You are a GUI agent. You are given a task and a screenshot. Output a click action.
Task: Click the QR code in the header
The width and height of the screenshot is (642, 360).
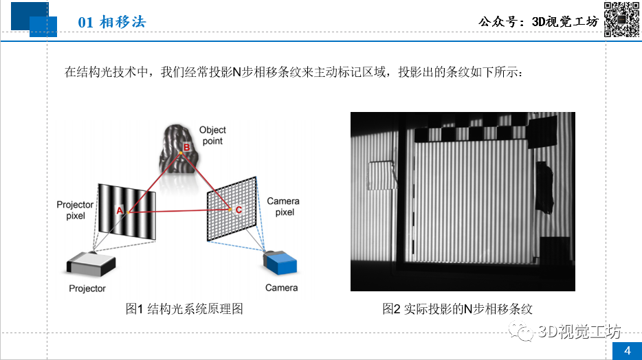(621, 19)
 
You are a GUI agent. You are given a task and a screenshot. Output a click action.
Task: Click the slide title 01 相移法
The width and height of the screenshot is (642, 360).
(112, 22)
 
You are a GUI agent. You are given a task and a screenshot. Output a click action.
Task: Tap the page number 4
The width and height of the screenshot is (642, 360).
(628, 350)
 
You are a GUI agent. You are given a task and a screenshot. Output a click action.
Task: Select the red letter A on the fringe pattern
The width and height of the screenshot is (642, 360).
(120, 210)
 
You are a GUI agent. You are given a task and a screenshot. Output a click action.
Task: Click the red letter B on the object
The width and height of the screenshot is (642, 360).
(187, 147)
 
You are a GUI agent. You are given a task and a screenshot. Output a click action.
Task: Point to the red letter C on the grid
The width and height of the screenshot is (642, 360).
(239, 210)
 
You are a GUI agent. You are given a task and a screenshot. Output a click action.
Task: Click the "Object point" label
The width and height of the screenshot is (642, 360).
(212, 135)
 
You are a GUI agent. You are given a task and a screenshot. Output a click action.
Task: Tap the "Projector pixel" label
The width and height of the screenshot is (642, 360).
(75, 210)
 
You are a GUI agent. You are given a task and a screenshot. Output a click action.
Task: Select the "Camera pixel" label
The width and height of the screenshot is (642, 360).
(283, 207)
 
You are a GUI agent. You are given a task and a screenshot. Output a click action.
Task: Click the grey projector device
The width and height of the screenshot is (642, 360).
(91, 264)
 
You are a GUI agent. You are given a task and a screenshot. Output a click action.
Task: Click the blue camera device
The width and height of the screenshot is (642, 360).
(280, 262)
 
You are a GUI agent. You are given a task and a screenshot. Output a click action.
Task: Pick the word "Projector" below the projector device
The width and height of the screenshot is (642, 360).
(87, 289)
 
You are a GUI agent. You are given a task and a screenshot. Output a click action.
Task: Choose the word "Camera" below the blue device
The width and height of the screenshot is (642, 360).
(281, 288)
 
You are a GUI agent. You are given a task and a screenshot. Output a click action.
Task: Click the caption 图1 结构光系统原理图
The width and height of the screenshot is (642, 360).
(184, 309)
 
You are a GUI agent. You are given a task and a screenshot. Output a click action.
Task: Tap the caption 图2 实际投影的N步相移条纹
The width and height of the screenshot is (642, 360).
(457, 309)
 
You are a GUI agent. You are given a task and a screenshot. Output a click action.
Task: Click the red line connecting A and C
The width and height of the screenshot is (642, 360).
(179, 211)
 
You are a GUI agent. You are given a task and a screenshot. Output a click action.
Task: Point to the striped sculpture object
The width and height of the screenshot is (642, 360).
(179, 149)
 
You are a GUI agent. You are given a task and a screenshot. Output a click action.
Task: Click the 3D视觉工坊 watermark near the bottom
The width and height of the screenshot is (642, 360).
(565, 331)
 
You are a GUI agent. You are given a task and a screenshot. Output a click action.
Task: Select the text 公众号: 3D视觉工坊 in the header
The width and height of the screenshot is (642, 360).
(538, 21)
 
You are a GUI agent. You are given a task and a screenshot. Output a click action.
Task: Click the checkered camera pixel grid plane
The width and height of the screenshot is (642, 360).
(232, 209)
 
